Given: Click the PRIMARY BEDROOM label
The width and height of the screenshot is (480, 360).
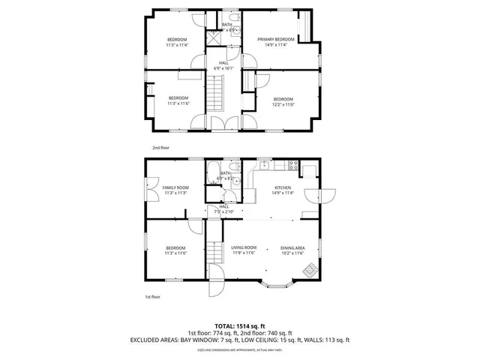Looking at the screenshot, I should (x=275, y=39).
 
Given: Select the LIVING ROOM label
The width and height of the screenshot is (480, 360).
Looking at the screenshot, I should (x=244, y=247).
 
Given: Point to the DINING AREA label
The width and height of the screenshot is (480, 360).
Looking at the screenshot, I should (x=292, y=247).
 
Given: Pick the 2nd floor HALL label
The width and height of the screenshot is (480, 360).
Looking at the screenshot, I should (x=223, y=63).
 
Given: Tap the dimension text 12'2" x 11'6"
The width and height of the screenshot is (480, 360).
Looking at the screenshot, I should (x=283, y=104).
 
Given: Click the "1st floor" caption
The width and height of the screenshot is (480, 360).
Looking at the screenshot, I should (x=152, y=297).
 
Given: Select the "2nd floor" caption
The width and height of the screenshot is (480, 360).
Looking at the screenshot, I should (x=160, y=148).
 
